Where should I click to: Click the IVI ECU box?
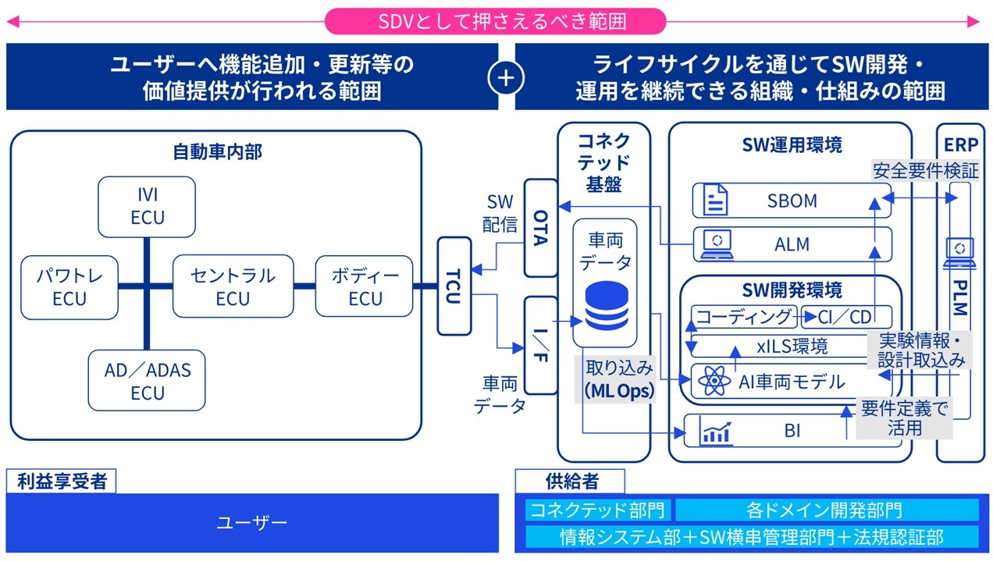[147, 207]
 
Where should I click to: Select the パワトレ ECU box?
[69, 287]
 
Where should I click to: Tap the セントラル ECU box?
[233, 286]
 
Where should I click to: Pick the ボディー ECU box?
[364, 286]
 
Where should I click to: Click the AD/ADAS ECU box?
[147, 380]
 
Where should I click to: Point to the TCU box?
[454, 286]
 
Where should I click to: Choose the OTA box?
[541, 228]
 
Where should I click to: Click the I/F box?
[541, 345]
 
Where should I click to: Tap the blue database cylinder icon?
[607, 305]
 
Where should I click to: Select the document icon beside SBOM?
[716, 200]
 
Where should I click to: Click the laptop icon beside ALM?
[717, 244]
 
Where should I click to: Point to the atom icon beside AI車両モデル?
[714, 380]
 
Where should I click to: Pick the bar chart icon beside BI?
[716, 432]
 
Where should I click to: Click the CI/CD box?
[846, 316]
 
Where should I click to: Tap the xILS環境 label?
[792, 346]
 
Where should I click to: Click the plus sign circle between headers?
[506, 78]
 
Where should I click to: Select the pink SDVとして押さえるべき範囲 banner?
[495, 21]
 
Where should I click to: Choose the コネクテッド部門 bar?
[597, 510]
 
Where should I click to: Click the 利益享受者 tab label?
[62, 482]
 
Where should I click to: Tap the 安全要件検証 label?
[926, 170]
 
